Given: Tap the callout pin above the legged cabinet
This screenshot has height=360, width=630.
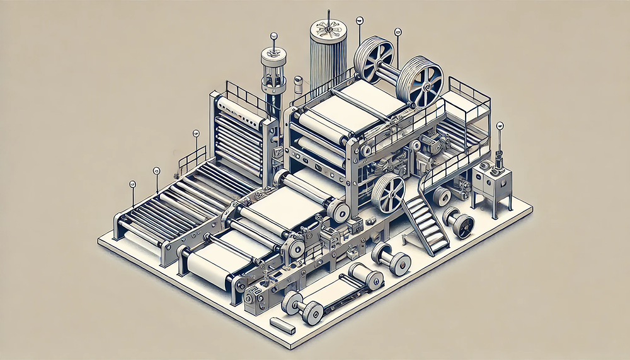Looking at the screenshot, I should tap(500, 126).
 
